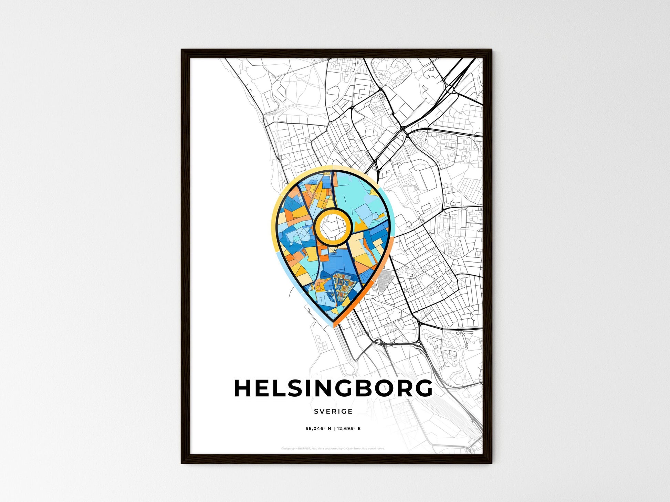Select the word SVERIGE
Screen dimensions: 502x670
coord(333,411)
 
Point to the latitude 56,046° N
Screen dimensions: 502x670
coord(318,429)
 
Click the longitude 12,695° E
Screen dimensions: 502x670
coord(349,429)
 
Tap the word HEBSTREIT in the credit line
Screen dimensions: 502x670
coord(303,449)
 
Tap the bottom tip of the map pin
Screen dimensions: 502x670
coord(334,326)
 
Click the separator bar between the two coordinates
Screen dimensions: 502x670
coord(334,429)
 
